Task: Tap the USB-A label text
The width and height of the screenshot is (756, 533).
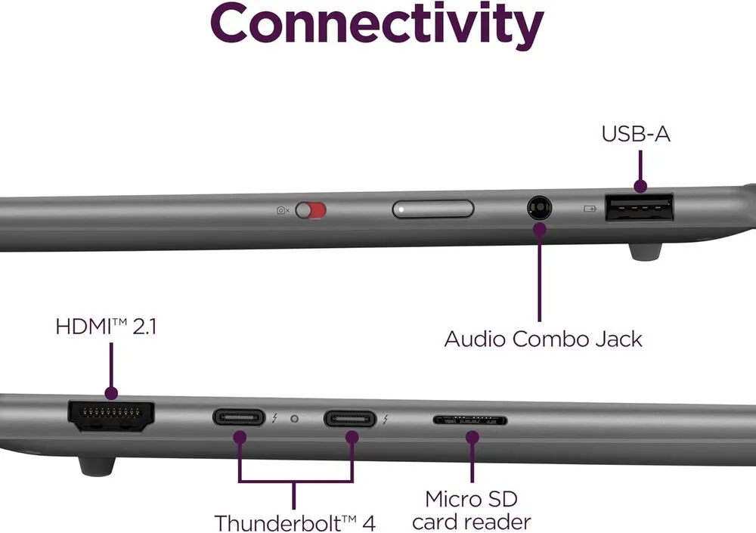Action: pos(636,134)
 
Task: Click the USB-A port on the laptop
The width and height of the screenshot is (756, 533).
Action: pos(639,208)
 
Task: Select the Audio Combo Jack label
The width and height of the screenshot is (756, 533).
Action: pos(543,338)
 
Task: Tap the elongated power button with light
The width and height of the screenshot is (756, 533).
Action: pos(433,209)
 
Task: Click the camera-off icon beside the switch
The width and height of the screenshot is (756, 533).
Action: pos(283,210)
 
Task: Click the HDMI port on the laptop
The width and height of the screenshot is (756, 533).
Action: pos(111,416)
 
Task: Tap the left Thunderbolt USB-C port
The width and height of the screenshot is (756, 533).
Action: pos(239,417)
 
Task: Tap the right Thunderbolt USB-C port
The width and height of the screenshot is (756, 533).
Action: pos(350,417)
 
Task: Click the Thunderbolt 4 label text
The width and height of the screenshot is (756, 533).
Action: pos(295,522)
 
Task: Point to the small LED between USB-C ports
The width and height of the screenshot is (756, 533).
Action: pos(294,417)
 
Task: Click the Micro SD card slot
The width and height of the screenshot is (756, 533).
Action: pos(469,420)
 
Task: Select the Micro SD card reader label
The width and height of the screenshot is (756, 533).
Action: pos(472,510)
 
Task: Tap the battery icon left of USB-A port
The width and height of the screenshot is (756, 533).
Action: pos(589,207)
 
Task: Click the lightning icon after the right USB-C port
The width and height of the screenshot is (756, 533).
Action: pos(386,418)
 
